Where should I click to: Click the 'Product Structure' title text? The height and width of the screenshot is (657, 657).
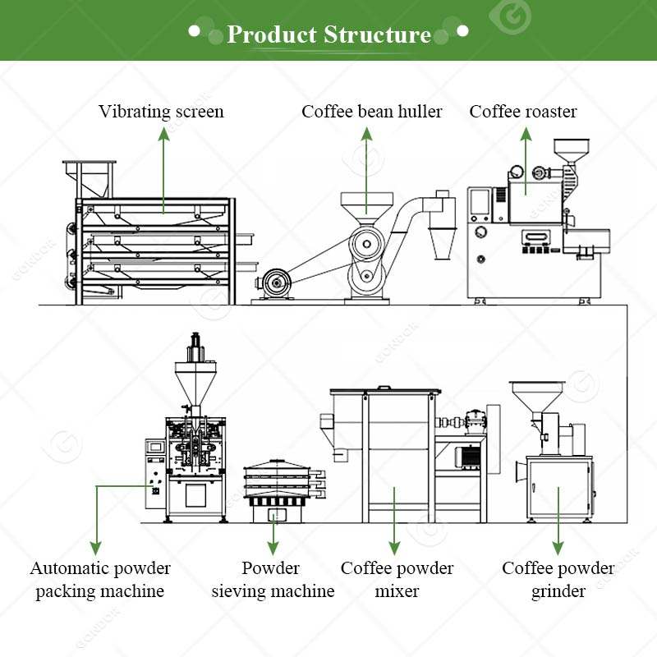(x=328, y=34)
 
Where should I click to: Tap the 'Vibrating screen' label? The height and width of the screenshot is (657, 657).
(x=161, y=112)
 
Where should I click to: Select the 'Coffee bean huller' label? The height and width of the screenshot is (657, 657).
(x=371, y=112)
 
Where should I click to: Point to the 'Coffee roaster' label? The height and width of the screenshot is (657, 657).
(x=523, y=112)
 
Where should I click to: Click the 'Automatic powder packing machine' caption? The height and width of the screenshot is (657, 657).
(x=100, y=579)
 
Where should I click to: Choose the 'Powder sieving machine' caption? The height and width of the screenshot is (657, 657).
(x=273, y=579)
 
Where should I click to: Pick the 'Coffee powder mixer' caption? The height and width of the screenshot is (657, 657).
(x=397, y=579)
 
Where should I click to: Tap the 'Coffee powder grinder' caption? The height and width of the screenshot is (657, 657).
(x=558, y=579)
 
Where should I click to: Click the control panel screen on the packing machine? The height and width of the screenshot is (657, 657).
(x=154, y=448)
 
